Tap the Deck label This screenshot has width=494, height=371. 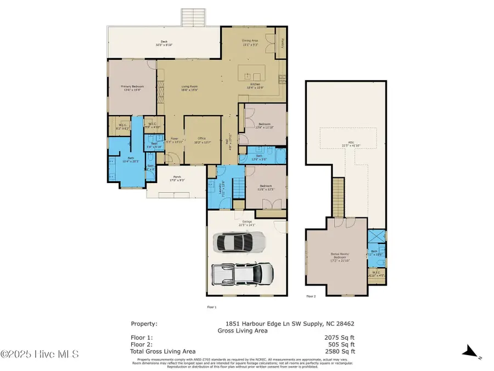coord(164,43)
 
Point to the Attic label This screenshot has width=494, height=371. coord(351,144)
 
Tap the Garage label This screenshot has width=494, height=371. coord(247,223)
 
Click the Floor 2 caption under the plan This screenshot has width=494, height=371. coord(311,296)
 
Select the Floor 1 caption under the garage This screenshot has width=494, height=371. coord(211,307)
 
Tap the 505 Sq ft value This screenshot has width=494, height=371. coord(341,345)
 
